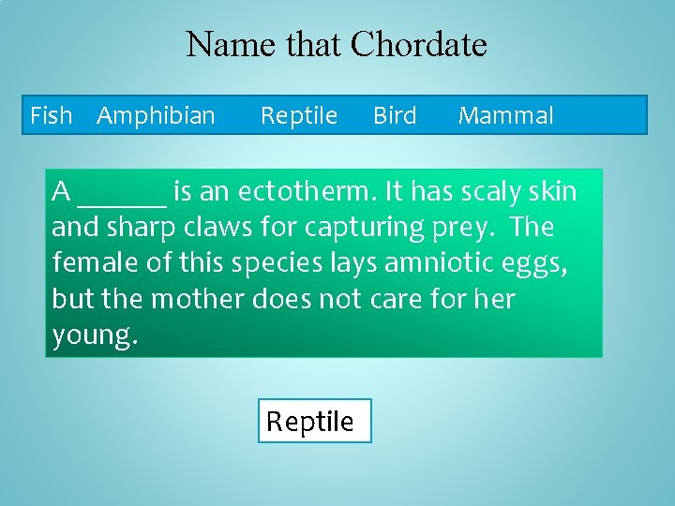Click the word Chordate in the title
click(x=418, y=44)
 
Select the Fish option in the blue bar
click(x=51, y=116)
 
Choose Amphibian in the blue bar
click(x=156, y=116)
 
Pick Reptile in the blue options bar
click(x=298, y=116)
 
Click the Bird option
click(x=395, y=116)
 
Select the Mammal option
click(x=505, y=116)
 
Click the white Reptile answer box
click(x=314, y=421)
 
